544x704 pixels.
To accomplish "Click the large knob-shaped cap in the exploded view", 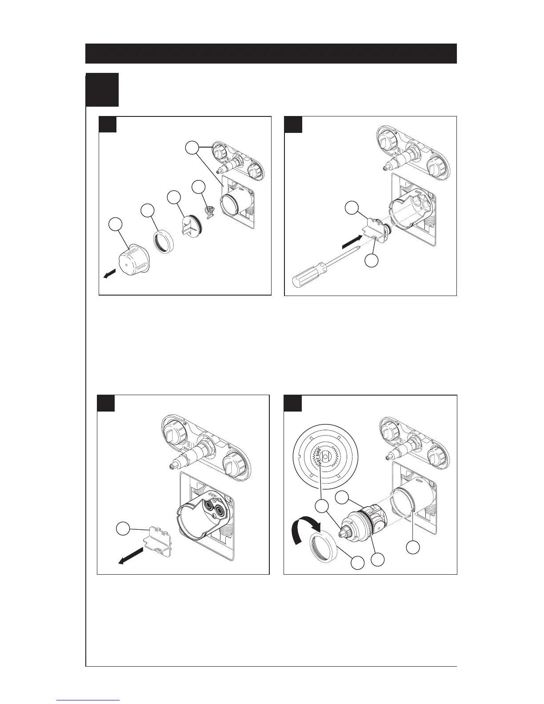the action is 132,259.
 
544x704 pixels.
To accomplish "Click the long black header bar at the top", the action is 271,53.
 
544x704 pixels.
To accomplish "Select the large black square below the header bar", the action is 102,89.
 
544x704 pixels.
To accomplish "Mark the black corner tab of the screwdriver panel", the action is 293,124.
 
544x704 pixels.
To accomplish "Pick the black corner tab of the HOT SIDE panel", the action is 293,403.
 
